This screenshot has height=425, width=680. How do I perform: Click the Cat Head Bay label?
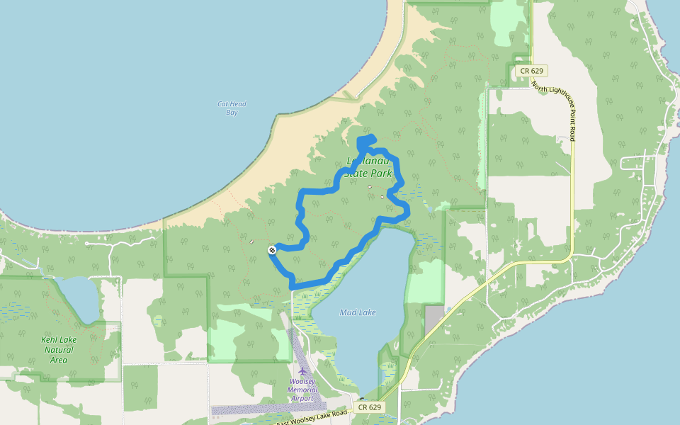232,108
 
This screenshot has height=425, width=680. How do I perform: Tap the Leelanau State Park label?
368,167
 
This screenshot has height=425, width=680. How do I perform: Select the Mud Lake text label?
358,312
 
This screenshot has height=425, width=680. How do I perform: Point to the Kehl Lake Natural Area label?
59,350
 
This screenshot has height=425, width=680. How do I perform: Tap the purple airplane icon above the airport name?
302,371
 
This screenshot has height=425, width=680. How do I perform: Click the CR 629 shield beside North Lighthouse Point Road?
531,70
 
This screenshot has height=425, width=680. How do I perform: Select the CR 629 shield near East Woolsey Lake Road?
370,407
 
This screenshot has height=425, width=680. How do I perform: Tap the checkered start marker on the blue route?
272,250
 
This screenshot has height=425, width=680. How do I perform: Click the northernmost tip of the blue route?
371,137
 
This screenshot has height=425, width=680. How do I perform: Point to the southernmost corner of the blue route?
293,285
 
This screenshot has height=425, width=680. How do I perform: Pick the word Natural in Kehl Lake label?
59,350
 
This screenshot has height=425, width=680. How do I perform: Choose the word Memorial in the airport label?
302,390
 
